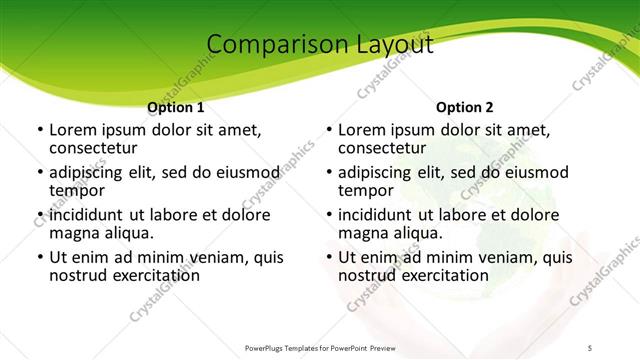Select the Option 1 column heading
pyautogui.click(x=175, y=107)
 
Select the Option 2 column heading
pyautogui.click(x=465, y=107)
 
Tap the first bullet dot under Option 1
pyautogui.click(x=39, y=130)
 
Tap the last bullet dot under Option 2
pyautogui.click(x=328, y=258)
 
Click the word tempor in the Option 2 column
pyautogui.click(x=365, y=190)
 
